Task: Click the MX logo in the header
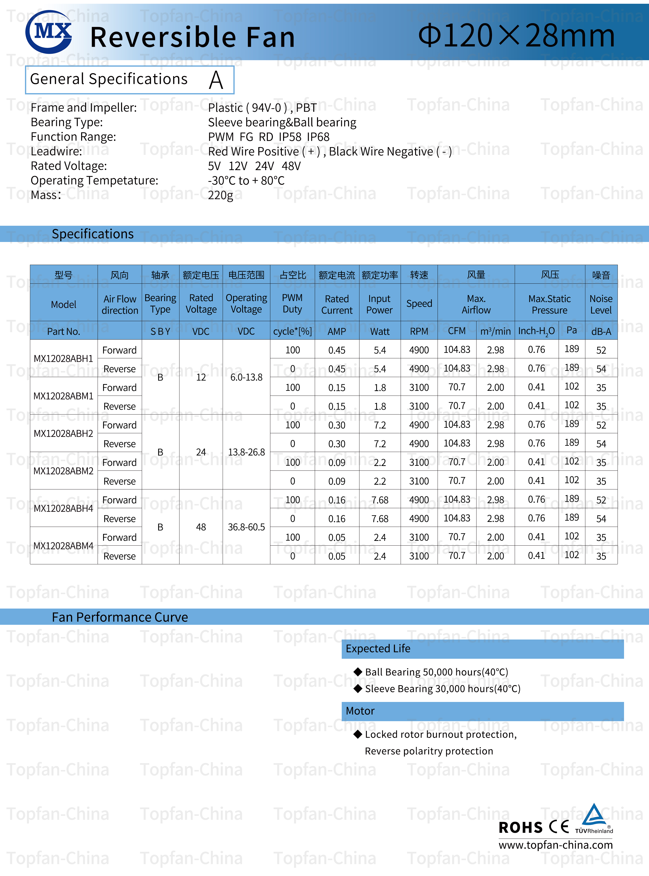pyautogui.click(x=49, y=32)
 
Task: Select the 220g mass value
pyautogui.click(x=220, y=195)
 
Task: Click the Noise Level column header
pyautogui.click(x=601, y=304)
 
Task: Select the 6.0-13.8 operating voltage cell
pyautogui.click(x=246, y=377)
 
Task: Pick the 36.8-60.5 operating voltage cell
pyautogui.click(x=246, y=527)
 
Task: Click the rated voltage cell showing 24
pyautogui.click(x=201, y=452)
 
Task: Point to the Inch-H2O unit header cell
pyautogui.click(x=536, y=331)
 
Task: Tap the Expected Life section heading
pyautogui.click(x=378, y=649)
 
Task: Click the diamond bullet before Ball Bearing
pyautogui.click(x=357, y=672)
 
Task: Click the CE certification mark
pyautogui.click(x=559, y=827)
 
